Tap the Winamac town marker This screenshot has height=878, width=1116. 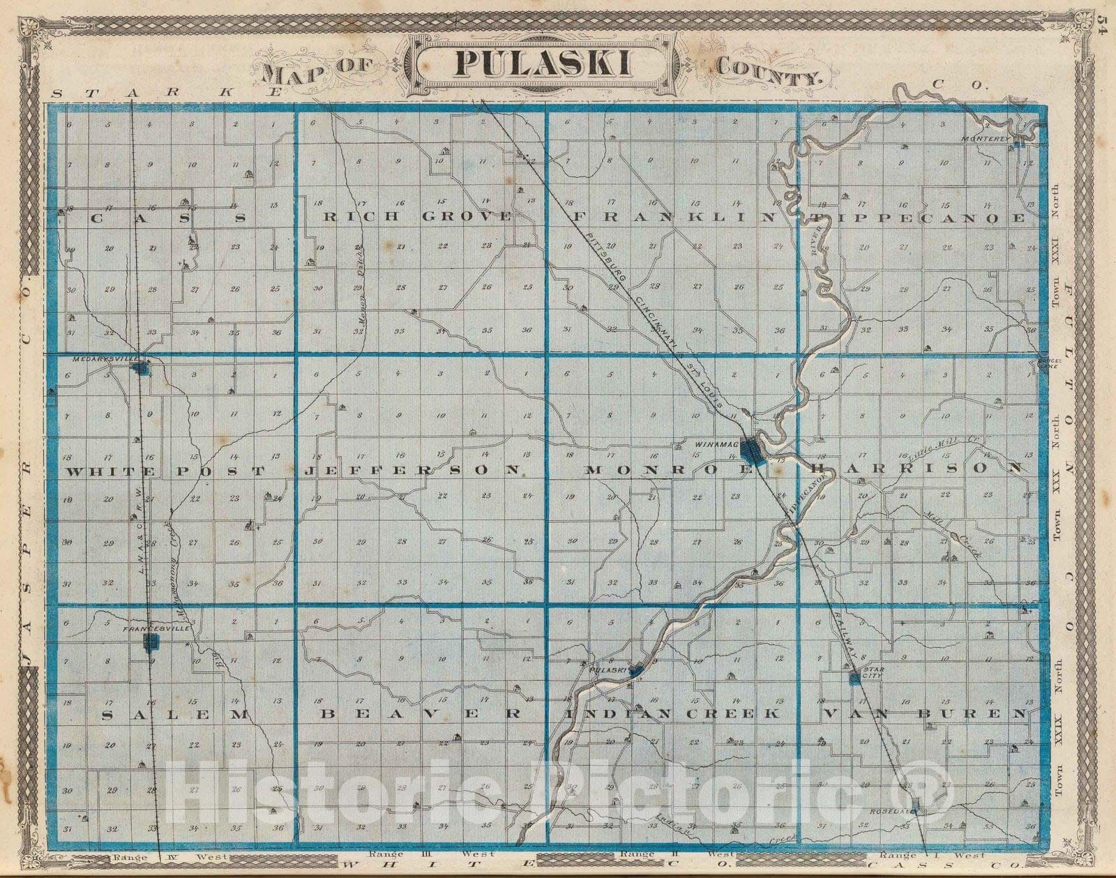tap(752, 452)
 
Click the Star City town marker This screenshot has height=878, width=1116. tap(854, 677)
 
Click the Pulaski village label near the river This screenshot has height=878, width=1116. tap(605, 669)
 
